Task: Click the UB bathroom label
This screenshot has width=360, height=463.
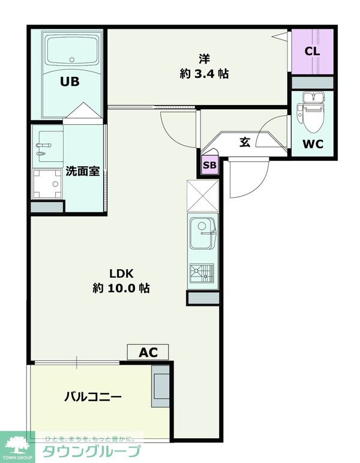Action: (x=69, y=82)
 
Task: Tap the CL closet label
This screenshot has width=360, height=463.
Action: (x=312, y=51)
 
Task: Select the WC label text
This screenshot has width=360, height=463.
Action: (x=313, y=144)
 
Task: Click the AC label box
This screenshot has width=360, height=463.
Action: (x=148, y=352)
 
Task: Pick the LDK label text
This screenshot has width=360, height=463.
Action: (x=120, y=273)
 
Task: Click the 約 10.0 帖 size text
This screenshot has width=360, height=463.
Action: (x=121, y=288)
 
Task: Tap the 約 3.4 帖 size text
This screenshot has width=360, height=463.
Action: (x=204, y=74)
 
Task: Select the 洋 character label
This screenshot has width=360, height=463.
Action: (x=204, y=59)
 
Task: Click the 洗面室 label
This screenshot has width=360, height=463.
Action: (x=82, y=171)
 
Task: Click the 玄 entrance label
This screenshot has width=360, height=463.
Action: (x=245, y=142)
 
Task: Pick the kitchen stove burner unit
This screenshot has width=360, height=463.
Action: (x=202, y=273)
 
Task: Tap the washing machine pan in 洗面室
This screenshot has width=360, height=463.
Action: (x=47, y=182)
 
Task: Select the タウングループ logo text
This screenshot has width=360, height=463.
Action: (x=90, y=451)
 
